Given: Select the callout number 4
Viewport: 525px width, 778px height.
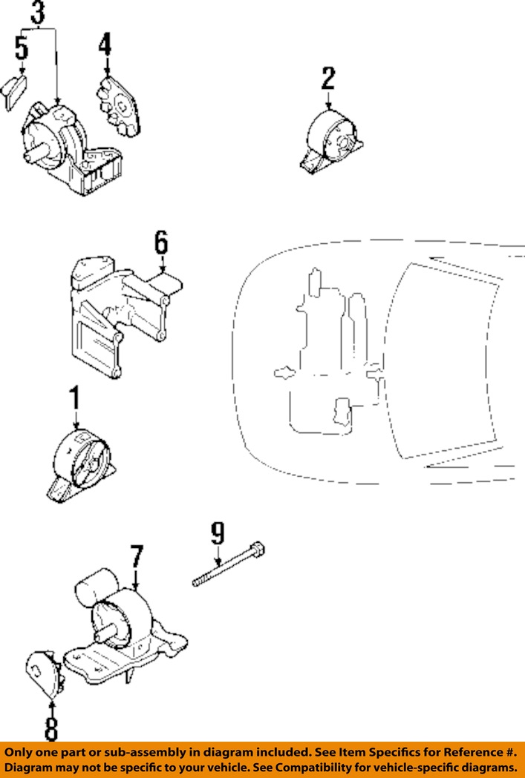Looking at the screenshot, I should (105, 45).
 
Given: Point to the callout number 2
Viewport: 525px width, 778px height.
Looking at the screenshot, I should (327, 79).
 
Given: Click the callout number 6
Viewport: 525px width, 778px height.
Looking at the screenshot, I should (161, 244).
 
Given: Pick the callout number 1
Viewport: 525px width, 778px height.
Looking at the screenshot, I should (74, 399).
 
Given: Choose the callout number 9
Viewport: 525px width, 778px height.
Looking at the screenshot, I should (216, 532).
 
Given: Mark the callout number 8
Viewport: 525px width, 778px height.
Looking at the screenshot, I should (50, 728).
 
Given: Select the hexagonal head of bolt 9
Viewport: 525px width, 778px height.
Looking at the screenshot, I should (258, 550).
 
